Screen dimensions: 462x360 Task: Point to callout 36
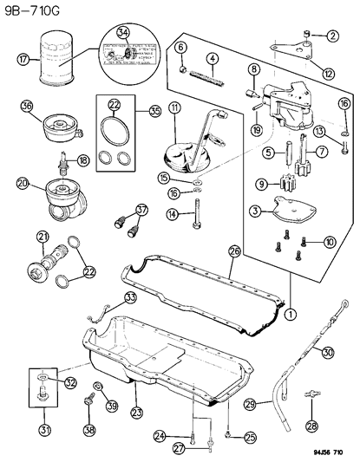26,107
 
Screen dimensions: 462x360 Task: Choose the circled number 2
333,36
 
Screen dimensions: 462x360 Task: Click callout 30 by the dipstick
327,352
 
